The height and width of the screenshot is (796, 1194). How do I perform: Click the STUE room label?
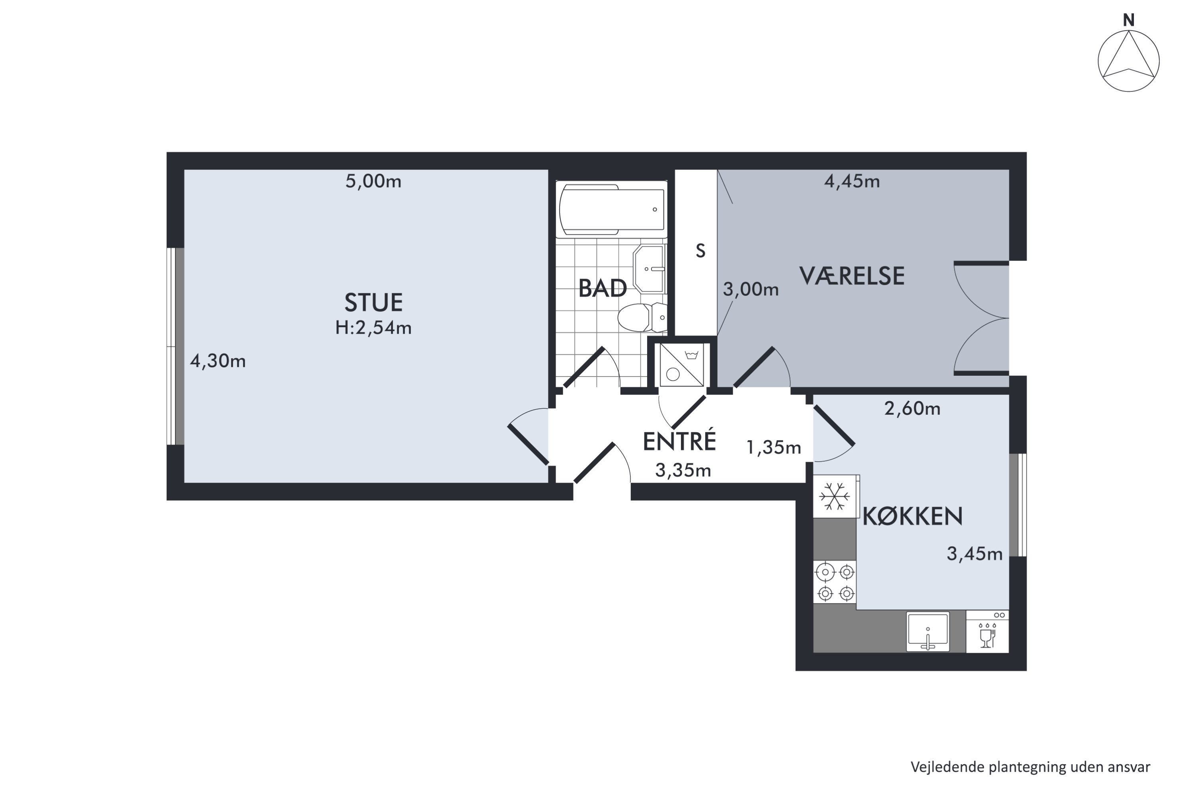(374, 302)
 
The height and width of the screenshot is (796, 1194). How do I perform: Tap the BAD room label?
(603, 288)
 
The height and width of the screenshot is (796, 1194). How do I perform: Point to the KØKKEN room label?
(913, 516)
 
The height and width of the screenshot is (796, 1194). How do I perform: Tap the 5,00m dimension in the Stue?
(373, 181)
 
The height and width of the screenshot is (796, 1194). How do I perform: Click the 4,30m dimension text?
(218, 361)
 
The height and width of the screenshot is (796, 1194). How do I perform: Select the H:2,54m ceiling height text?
(373, 328)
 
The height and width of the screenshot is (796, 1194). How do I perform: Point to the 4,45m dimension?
(852, 181)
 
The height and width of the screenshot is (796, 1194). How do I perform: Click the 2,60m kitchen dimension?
(912, 408)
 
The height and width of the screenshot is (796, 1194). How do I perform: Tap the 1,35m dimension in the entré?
(774, 447)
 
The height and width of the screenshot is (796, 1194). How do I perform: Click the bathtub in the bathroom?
(612, 210)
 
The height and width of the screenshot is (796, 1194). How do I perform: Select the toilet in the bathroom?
(642, 317)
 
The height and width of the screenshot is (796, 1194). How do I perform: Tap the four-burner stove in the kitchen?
(835, 582)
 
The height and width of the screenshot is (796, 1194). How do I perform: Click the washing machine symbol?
(682, 365)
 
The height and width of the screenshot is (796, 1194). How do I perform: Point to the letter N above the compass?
(1128, 20)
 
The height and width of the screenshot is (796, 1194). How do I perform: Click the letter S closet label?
(700, 251)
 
